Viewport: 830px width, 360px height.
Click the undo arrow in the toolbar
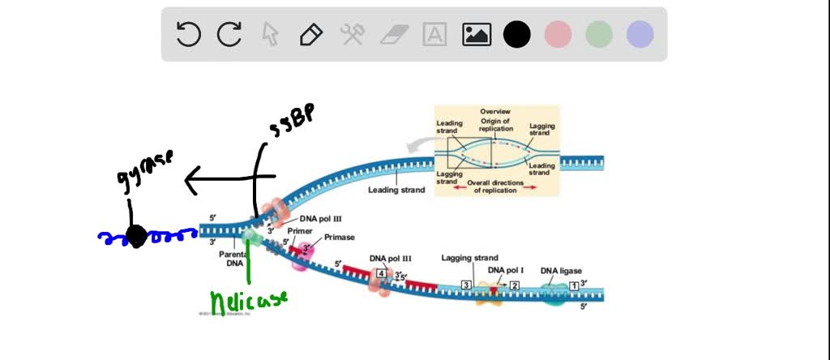point(188,34)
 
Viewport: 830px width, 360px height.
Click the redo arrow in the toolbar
point(230,34)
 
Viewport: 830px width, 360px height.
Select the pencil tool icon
point(310,34)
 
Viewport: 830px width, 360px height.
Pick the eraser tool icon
point(395,34)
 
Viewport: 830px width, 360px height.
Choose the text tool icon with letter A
point(435,34)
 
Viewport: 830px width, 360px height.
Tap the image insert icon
point(477,34)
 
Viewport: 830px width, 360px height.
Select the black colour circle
point(517,34)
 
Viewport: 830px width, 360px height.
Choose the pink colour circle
point(558,34)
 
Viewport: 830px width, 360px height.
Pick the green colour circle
point(599,34)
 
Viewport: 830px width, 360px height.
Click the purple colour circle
point(640,34)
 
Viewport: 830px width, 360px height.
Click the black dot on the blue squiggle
point(135,237)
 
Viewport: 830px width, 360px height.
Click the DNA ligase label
point(561,271)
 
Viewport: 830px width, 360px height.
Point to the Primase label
point(339,238)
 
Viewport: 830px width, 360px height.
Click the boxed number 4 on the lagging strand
point(381,274)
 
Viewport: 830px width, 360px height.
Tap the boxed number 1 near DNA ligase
point(574,285)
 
